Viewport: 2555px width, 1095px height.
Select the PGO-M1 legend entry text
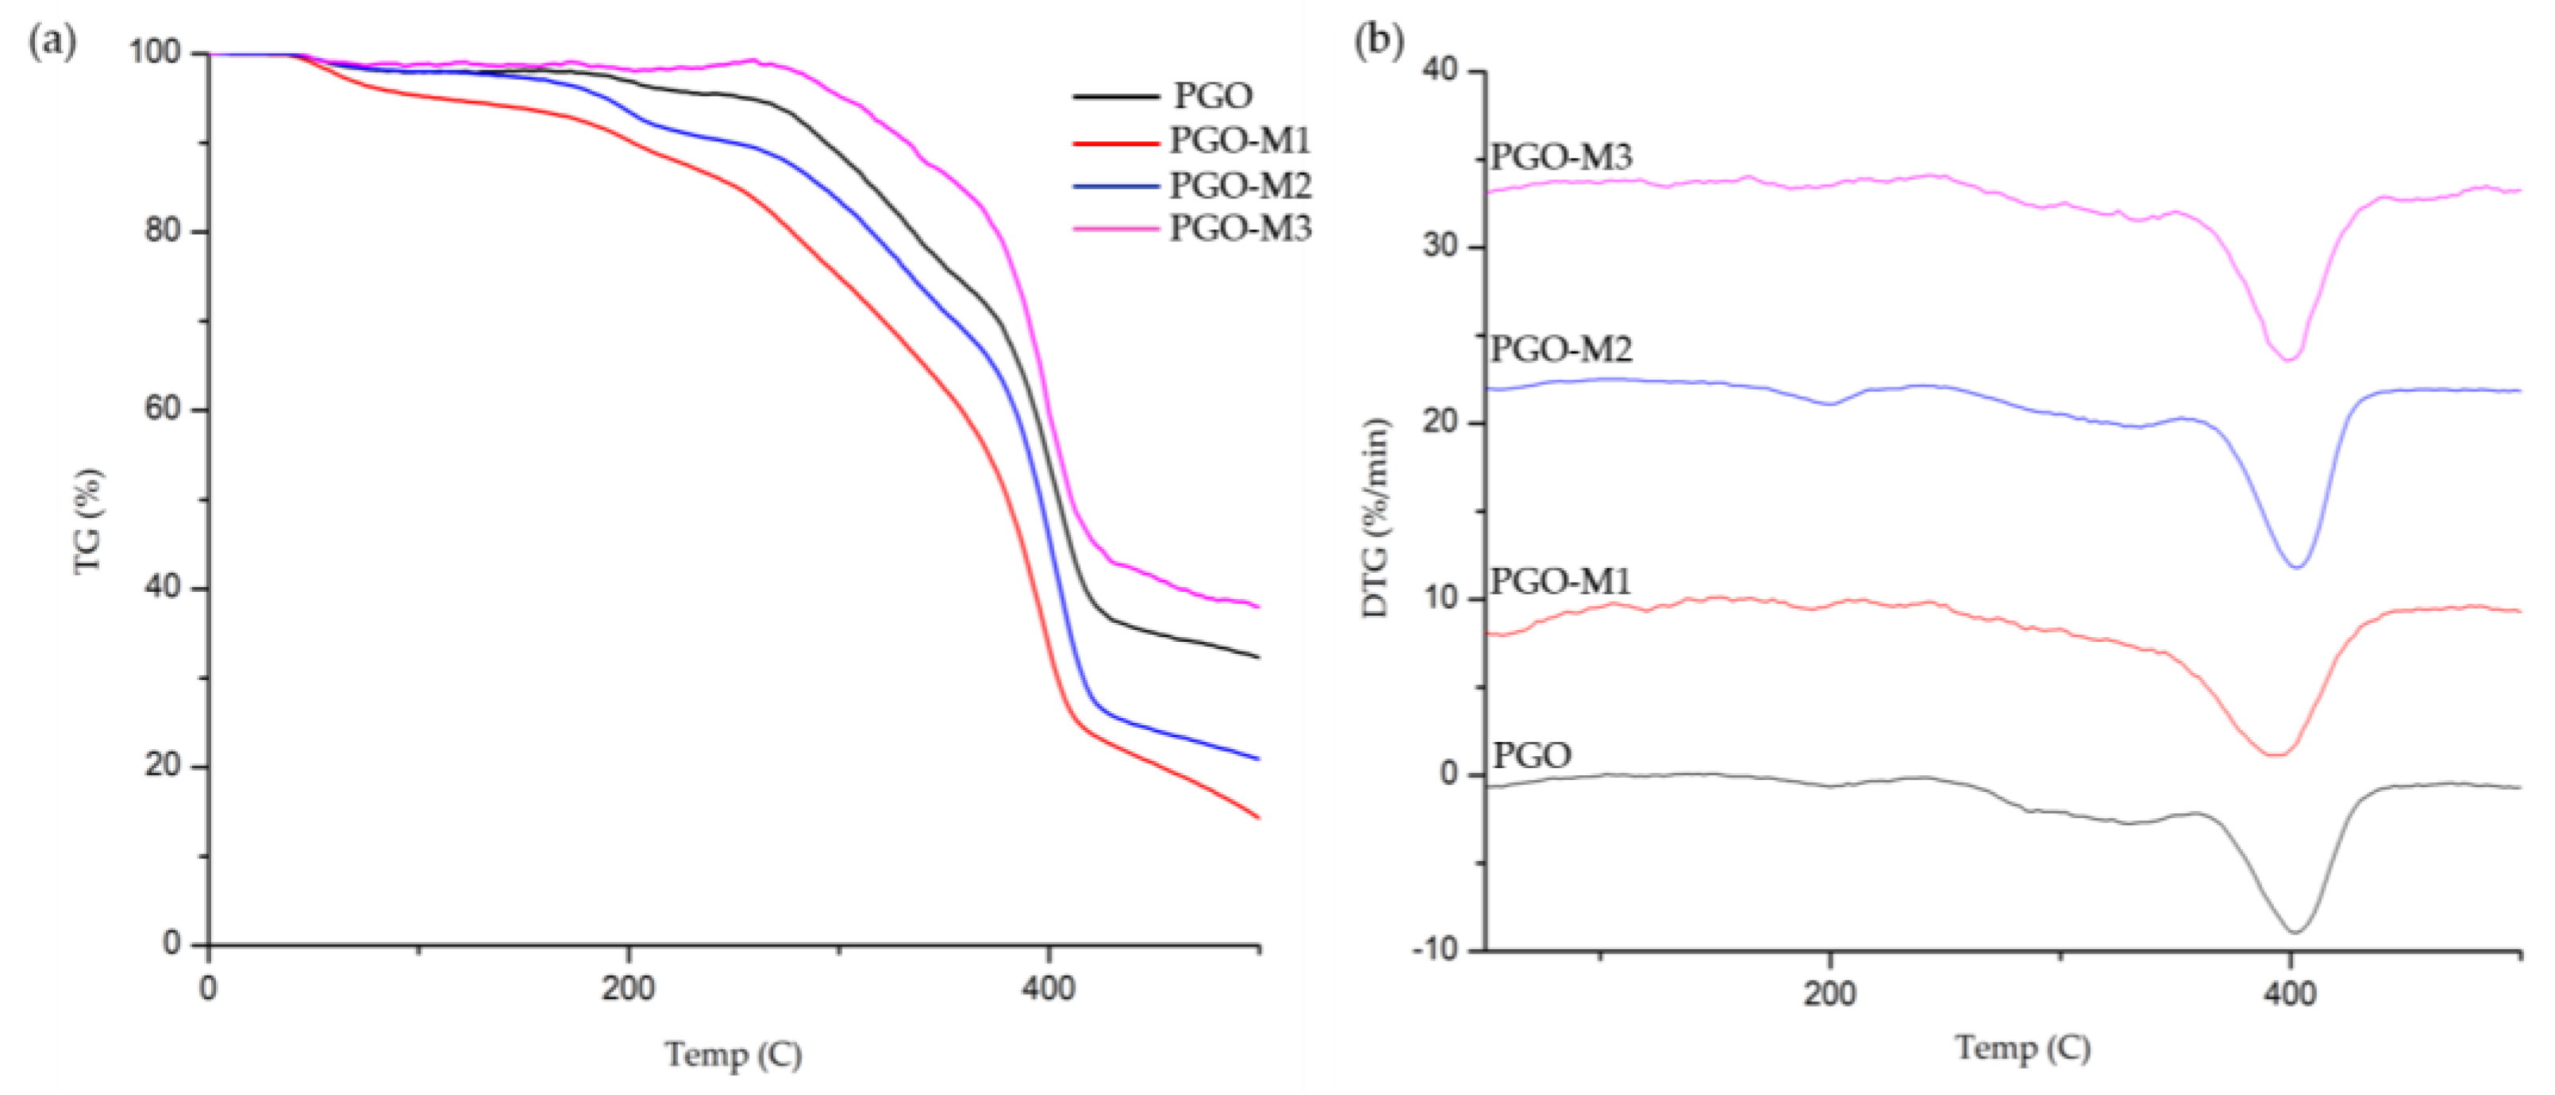pyautogui.click(x=1240, y=141)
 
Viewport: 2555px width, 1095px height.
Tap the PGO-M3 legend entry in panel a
pyautogui.click(x=1240, y=229)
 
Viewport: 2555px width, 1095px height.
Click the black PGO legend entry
pyautogui.click(x=1213, y=96)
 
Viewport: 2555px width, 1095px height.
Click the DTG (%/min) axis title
pyautogui.click(x=1375, y=517)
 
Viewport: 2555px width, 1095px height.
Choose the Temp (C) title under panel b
pyautogui.click(x=2023, y=1048)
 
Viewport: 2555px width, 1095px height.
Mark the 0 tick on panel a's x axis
pyautogui.click(x=208, y=989)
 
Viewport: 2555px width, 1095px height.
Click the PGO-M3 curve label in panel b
pyautogui.click(x=1561, y=157)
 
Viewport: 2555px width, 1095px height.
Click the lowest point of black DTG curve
pyautogui.click(x=2294, y=932)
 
